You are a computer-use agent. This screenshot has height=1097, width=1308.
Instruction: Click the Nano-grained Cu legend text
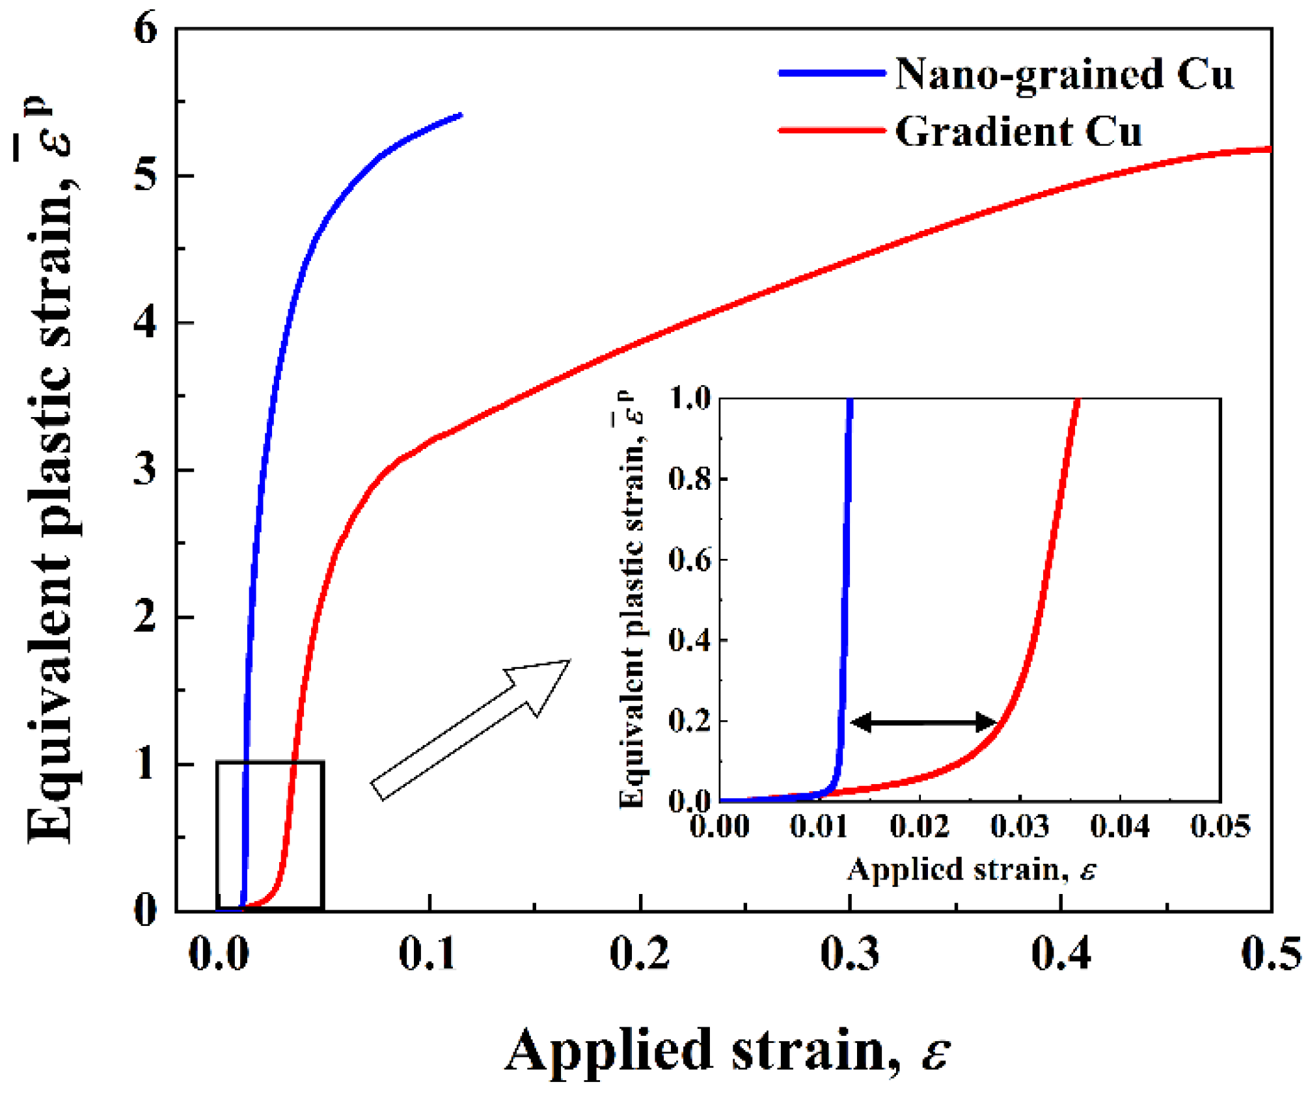[1063, 75]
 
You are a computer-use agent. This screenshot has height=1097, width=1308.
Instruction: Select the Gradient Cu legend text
[1018, 132]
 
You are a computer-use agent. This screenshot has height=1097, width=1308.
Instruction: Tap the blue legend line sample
[832, 74]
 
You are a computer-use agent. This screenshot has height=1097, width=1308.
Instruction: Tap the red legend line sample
[832, 131]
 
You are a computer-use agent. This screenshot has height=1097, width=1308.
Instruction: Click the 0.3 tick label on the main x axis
[849, 955]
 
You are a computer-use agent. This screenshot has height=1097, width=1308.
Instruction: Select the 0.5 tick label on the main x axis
[1270, 955]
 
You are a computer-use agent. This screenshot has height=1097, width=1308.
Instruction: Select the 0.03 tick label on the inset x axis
[1019, 826]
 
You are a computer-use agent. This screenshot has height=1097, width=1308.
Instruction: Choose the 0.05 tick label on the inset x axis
[1220, 826]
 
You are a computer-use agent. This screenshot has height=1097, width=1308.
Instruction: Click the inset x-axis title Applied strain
[971, 870]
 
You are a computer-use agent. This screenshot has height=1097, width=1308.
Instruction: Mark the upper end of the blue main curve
[461, 115]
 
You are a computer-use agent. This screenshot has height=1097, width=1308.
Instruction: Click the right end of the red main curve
[1269, 150]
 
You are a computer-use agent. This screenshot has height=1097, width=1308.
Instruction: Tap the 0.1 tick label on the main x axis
[428, 955]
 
